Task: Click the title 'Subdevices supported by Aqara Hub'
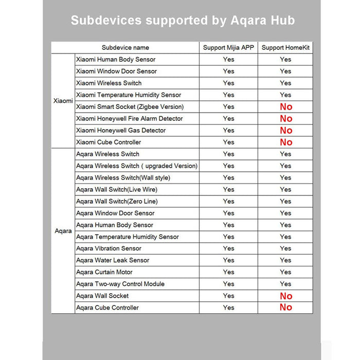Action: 183,21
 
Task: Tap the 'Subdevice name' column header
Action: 125,47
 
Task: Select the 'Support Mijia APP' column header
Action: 228,47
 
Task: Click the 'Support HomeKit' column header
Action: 285,47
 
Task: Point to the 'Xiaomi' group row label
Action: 63,101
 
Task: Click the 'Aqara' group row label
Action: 63,231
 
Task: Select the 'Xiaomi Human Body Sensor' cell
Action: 116,59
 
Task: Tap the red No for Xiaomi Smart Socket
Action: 286,107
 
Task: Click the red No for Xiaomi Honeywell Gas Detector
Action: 286,131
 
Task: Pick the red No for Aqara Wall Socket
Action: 286,296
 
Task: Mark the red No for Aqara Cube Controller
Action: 286,308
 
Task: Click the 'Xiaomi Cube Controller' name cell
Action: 109,142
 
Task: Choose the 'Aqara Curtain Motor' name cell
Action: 104,272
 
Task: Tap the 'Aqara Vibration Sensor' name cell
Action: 109,248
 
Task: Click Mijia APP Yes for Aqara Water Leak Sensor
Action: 228,260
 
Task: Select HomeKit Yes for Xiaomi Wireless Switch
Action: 285,83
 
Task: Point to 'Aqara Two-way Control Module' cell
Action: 120,284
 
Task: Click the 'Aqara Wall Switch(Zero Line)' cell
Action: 117,201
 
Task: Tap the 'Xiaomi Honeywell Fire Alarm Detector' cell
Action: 129,118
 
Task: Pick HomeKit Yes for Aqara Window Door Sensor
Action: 285,213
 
